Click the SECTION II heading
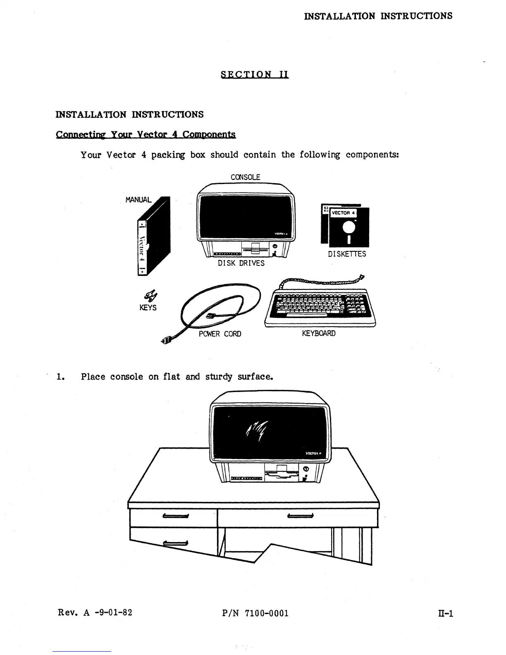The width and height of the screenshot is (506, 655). coord(255,74)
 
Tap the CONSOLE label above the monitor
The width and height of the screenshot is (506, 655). coord(245,177)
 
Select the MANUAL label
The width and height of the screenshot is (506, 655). coord(138,200)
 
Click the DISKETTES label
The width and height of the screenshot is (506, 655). coord(347,254)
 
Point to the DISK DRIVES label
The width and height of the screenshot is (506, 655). coord(241,263)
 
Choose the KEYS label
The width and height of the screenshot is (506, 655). coord(148,308)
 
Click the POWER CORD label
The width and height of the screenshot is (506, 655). coord(220,334)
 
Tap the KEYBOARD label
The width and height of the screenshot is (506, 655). coord(319,333)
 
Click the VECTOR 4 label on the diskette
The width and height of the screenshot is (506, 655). coord(341,213)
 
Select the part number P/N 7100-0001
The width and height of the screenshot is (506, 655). coord(255,613)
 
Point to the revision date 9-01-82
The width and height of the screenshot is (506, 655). coord(114,612)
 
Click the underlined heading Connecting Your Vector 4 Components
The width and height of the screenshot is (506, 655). coord(146,134)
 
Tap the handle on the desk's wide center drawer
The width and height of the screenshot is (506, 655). coord(301,515)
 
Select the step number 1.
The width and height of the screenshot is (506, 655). coord(60,377)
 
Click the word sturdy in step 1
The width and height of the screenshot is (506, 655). coord(219,377)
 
